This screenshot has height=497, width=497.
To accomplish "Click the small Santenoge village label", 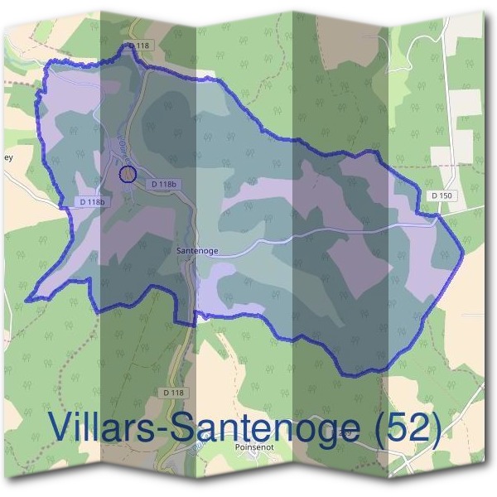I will pos(196,248).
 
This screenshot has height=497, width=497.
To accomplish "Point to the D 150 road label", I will pos(442,195).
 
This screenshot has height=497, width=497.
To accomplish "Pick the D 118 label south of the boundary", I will pos(173,391).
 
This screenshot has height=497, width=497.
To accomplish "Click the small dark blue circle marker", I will pos(128,174).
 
